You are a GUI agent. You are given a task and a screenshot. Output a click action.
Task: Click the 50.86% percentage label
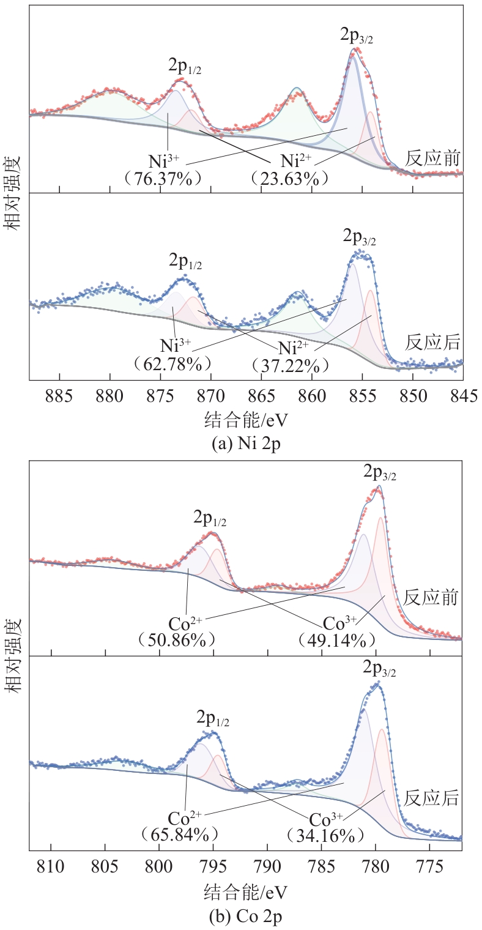[177, 640]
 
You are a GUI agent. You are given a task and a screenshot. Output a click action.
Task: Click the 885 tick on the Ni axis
[60, 394]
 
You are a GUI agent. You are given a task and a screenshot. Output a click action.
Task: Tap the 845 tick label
[463, 394]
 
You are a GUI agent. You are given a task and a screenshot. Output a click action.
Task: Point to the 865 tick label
[262, 394]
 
